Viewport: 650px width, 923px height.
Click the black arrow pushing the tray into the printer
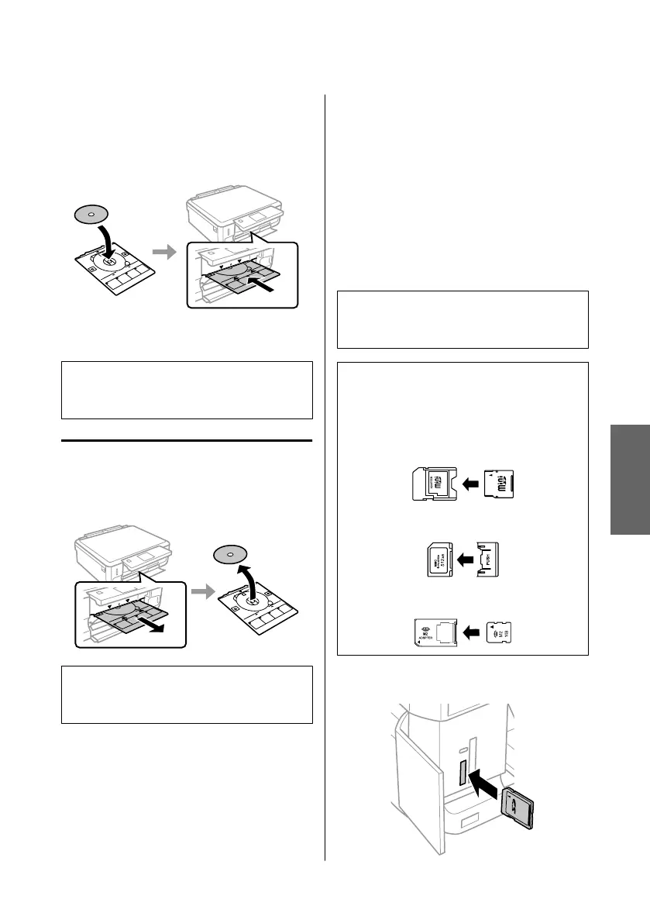[264, 288]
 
